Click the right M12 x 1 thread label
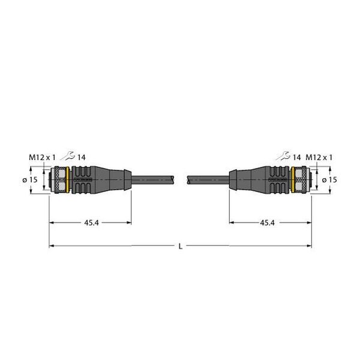pyautogui.click(x=319, y=157)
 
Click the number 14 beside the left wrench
pyautogui.click(x=82, y=157)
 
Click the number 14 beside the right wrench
pyautogui.click(x=296, y=157)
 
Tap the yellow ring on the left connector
pyautogui.click(x=68, y=180)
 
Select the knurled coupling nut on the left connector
pyautogui.click(x=59, y=180)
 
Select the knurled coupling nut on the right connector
pyautogui.click(x=301, y=180)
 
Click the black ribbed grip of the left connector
pyautogui.click(x=83, y=180)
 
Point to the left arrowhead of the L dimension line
pyautogui.click(x=52, y=245)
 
